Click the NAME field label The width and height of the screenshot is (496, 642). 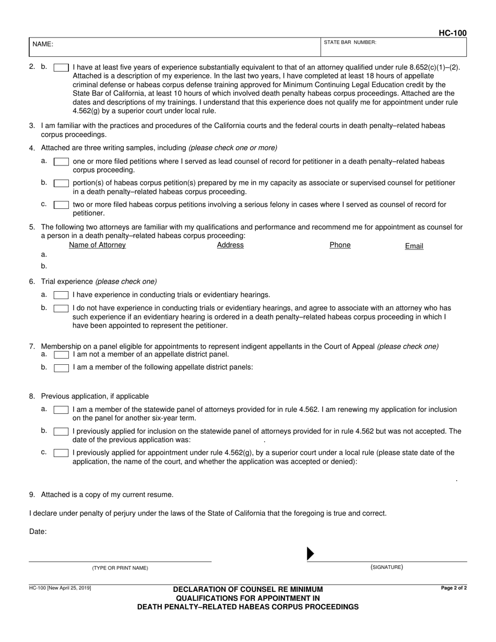pyautogui.click(x=43, y=44)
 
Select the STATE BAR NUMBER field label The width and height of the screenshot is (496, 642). pyautogui.click(x=350, y=42)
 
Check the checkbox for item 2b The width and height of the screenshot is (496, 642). pyautogui.click(x=61, y=67)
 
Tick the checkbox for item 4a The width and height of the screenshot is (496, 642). pyautogui.click(x=61, y=162)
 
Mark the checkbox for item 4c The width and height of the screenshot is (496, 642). pyautogui.click(x=61, y=205)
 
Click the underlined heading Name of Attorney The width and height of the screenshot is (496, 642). pyautogui.click(x=97, y=245)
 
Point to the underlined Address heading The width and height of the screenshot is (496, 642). pyautogui.click(x=230, y=245)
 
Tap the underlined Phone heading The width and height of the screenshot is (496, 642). pyautogui.click(x=340, y=245)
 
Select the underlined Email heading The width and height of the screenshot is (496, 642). pyautogui.click(x=414, y=246)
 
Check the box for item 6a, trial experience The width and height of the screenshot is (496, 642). pyautogui.click(x=61, y=295)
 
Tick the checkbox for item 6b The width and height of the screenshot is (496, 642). pyautogui.click(x=61, y=308)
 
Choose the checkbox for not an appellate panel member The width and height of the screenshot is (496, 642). pyautogui.click(x=61, y=354)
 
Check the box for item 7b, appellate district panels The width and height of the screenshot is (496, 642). pyautogui.click(x=61, y=367)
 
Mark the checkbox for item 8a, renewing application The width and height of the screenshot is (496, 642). pyautogui.click(x=61, y=410)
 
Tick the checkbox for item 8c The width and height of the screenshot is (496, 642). pyautogui.click(x=61, y=453)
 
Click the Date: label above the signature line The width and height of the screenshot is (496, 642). pyautogui.click(x=38, y=532)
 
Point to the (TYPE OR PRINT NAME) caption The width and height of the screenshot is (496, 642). pyautogui.click(x=120, y=568)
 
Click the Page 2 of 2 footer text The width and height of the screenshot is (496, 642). pyautogui.click(x=454, y=588)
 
